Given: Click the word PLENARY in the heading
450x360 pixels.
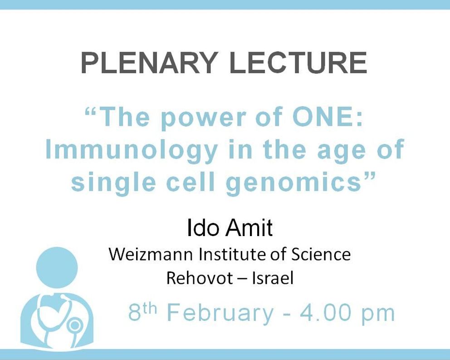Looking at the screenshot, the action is [148, 63].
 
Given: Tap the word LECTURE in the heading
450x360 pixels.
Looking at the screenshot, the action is [298, 63].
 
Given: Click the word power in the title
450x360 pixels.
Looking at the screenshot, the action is [204, 119].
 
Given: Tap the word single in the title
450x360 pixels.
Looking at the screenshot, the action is [113, 182].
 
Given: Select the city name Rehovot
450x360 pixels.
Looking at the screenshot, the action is [200, 278].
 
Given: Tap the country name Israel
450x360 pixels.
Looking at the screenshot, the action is [273, 278].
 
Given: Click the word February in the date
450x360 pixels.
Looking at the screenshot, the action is [220, 313].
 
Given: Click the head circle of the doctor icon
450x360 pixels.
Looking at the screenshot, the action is [57, 267].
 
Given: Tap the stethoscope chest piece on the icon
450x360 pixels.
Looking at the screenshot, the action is [75, 325].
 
